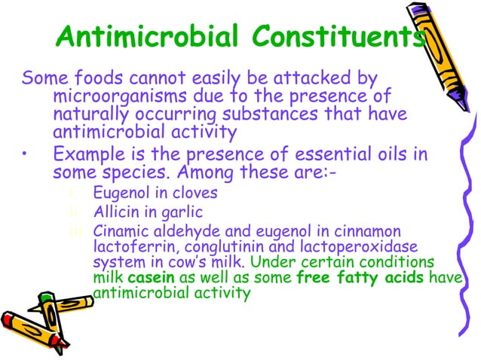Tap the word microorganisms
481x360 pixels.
pos(124,96)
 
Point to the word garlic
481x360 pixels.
pos(184,212)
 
